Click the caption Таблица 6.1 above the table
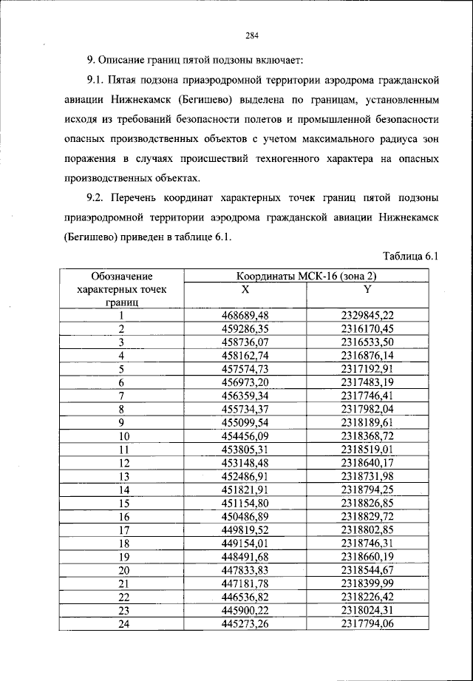click(412, 256)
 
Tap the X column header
click(245, 289)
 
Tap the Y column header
click(367, 289)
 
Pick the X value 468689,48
click(245, 316)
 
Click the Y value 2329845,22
click(367, 316)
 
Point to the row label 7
click(120, 396)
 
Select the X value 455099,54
click(245, 422)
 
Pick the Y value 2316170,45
click(367, 329)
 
